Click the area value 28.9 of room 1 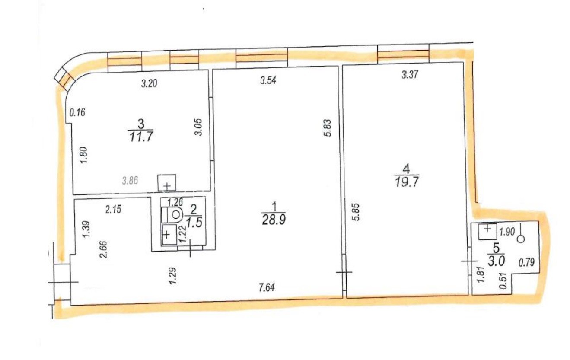[x=274, y=220]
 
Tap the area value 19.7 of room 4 [x=407, y=182]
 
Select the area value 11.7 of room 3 [x=141, y=137]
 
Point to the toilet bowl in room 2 [x=172, y=214]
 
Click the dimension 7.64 [x=267, y=288]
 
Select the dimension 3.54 [x=268, y=81]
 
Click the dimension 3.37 [x=410, y=75]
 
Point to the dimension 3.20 [x=149, y=83]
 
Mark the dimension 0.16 [x=77, y=112]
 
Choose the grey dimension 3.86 [x=130, y=180]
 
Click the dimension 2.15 [x=113, y=209]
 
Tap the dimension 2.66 [x=104, y=250]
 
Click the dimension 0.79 [x=526, y=262]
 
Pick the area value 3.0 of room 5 [x=496, y=261]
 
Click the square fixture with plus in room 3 [x=167, y=183]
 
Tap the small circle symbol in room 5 [x=521, y=239]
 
